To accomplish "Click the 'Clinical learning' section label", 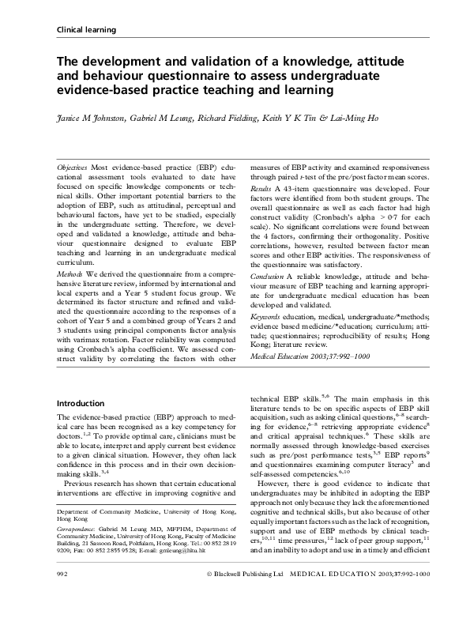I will coord(87,30).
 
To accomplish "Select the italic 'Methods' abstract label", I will coord(73,273).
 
